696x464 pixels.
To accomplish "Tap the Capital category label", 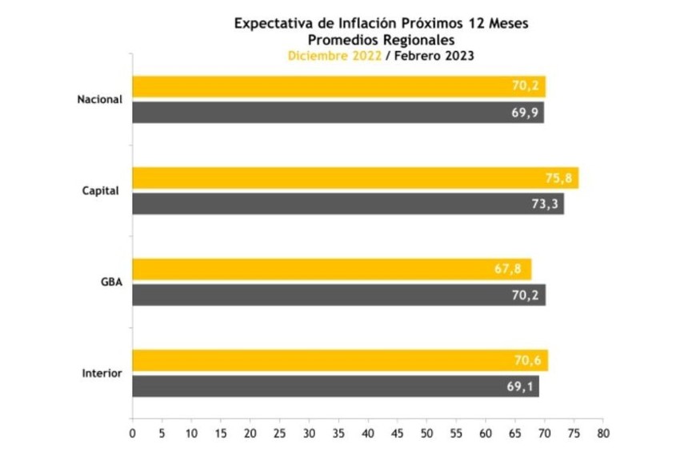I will pos(102,190).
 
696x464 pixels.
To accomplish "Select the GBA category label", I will pos(111,282).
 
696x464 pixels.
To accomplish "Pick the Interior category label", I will pos(102,374).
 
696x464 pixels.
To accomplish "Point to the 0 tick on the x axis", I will pos(133,433).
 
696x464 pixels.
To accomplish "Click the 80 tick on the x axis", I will pos(603,433).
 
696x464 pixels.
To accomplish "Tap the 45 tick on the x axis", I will pos(398,433).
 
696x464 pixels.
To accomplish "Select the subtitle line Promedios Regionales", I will pos(380,39).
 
